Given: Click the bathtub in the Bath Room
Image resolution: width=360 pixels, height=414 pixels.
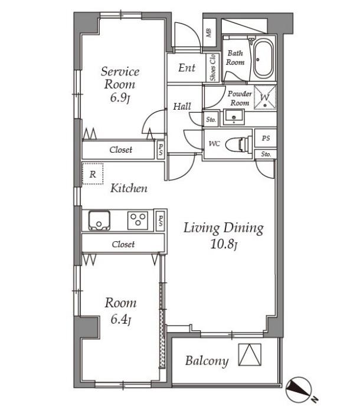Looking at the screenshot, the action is click(263, 59).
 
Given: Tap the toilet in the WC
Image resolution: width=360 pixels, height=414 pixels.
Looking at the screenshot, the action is click(239, 144).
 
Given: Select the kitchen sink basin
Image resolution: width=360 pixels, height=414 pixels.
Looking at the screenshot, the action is click(99, 221).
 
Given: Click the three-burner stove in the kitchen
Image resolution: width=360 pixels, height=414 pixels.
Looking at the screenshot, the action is click(138, 220).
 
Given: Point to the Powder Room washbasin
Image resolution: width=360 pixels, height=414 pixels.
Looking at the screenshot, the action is click(234, 117).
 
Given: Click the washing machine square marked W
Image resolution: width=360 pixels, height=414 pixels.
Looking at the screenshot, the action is click(265, 97).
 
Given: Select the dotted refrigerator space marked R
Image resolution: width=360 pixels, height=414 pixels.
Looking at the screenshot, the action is click(93, 173).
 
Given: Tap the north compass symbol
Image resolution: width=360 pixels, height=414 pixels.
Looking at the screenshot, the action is click(299, 389).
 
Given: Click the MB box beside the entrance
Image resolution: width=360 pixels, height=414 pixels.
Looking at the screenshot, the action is click(209, 32).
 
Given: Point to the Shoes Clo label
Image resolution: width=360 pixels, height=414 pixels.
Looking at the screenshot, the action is click(212, 68).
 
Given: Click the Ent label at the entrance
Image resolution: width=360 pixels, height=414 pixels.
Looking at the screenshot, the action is click(186, 68).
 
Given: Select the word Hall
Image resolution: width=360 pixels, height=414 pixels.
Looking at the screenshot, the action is click(182, 106).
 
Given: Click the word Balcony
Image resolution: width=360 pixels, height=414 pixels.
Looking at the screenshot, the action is click(207, 361).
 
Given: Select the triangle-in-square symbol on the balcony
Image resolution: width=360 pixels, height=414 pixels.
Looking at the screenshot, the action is click(250, 354).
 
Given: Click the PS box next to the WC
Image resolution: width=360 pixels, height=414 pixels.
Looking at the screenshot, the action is click(266, 138).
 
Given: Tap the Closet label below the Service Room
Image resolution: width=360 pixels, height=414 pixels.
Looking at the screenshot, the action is click(121, 150).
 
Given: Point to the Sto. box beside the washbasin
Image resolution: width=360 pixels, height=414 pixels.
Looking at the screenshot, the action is click(211, 119).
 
